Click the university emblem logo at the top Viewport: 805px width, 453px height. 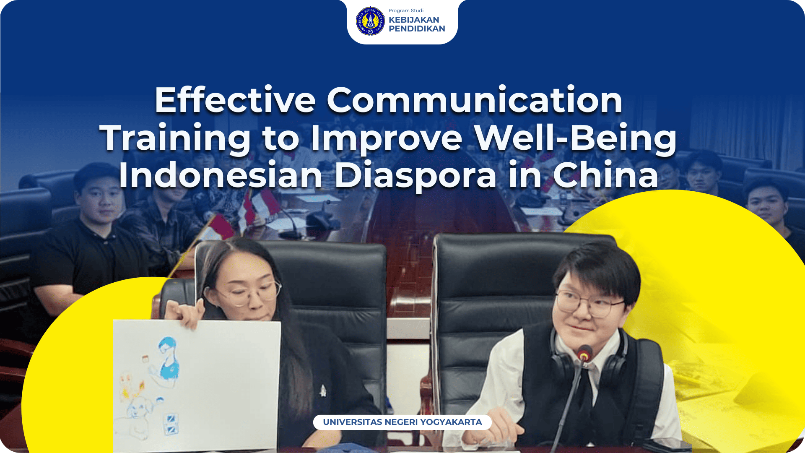click(370, 21)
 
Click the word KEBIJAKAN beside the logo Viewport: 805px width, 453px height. click(414, 20)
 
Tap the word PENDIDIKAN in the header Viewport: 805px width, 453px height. click(417, 29)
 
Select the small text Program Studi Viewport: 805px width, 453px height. click(406, 10)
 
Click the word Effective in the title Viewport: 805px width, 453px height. click(235, 100)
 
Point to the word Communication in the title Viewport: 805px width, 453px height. click(475, 100)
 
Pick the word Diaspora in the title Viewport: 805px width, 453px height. click(415, 175)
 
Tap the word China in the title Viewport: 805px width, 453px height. click(606, 175)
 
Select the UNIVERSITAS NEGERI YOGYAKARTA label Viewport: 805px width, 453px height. click(402, 422)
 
